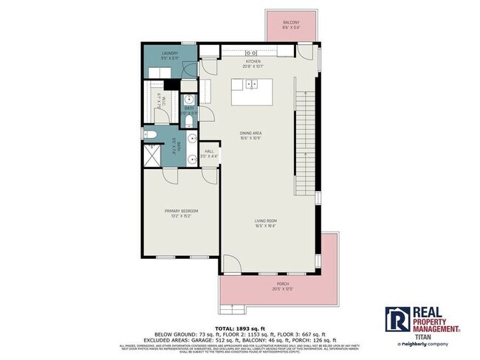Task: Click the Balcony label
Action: pyautogui.click(x=290, y=23)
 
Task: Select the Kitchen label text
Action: pyautogui.click(x=253, y=62)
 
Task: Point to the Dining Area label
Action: pyautogui.click(x=252, y=134)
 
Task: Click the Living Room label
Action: pyautogui.click(x=255, y=221)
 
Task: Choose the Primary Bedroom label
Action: pyautogui.click(x=181, y=212)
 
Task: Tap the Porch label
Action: pyautogui.click(x=283, y=284)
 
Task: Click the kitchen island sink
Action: pyautogui.click(x=251, y=83)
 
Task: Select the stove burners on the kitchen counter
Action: pyautogui.click(x=251, y=52)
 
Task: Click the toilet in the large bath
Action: pyautogui.click(x=149, y=135)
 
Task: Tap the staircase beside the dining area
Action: pyautogui.click(x=303, y=140)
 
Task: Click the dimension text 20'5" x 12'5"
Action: pyautogui.click(x=283, y=288)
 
